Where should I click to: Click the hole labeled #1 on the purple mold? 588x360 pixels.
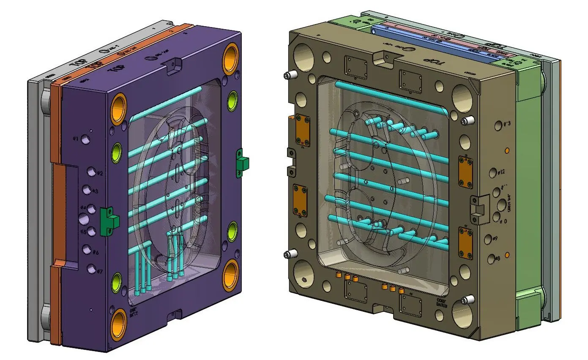[x=86, y=139]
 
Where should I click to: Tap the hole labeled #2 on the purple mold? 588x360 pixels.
[x=91, y=172]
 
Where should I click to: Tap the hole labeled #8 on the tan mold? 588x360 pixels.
[x=490, y=259]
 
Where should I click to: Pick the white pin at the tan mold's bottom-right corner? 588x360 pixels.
[x=467, y=300]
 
